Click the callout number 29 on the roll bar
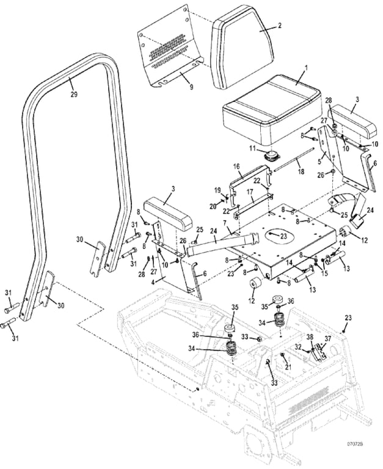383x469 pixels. tap(74, 95)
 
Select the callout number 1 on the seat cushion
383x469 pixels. tap(305, 68)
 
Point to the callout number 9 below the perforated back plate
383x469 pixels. tap(191, 87)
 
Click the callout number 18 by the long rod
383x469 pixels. tap(301, 172)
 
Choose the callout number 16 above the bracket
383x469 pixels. tap(236, 167)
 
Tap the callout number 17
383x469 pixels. tap(250, 192)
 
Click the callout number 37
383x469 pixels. tap(328, 338)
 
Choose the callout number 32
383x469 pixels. tap(297, 346)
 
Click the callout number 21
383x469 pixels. tap(288, 367)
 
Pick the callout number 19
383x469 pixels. tap(217, 191)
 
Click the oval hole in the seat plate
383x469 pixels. tap(279, 235)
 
